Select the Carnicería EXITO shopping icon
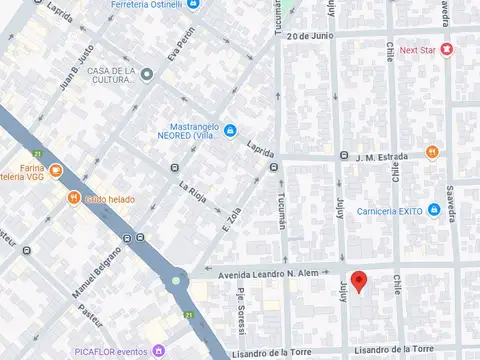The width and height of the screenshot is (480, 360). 434,209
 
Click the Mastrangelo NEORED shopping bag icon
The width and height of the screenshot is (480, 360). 230,130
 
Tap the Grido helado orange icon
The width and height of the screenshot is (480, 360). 74,198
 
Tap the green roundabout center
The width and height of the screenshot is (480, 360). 177,280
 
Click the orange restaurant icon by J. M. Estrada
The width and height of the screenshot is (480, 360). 432,152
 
